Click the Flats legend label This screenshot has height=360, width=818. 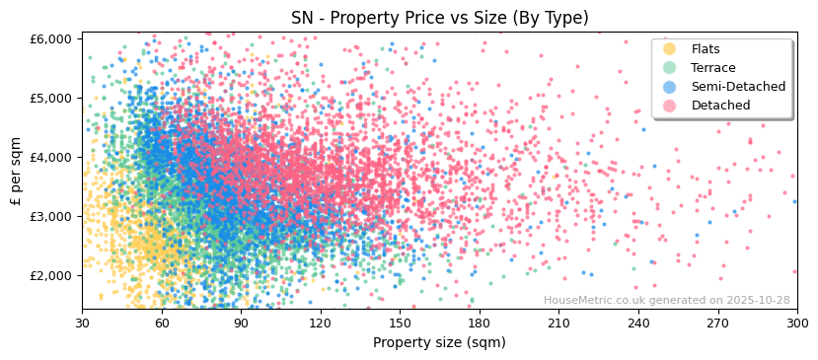(x=706, y=49)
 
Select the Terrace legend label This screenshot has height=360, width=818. (x=712, y=68)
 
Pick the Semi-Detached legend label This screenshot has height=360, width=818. (x=738, y=87)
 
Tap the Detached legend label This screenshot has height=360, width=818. (x=720, y=106)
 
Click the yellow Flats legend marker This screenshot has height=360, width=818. (x=670, y=49)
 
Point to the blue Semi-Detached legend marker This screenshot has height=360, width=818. (x=670, y=87)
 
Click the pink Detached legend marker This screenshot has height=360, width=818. (x=670, y=106)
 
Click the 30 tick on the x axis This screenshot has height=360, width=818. (x=82, y=323)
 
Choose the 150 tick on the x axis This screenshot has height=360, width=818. (x=400, y=323)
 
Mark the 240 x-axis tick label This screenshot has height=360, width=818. (x=638, y=323)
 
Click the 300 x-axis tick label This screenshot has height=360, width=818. (x=796, y=323)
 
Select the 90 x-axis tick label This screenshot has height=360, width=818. (x=241, y=323)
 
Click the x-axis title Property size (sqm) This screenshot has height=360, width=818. (x=439, y=342)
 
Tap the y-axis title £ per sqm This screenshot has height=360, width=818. (x=16, y=171)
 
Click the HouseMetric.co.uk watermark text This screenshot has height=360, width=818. (x=666, y=300)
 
